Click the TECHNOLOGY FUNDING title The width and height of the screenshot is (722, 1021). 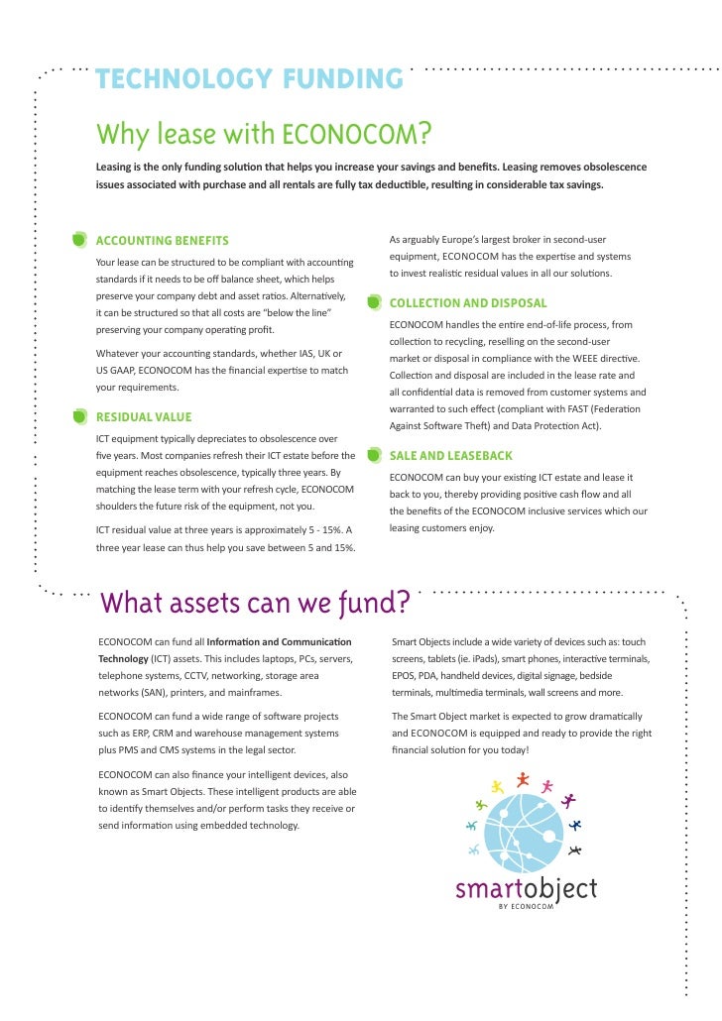pos(249,78)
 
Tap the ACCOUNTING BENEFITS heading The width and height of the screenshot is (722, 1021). pos(162,241)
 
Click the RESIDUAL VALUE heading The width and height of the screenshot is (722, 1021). pos(144,417)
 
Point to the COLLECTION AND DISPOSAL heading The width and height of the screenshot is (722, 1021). pos(468,303)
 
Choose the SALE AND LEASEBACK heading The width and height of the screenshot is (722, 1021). pos(451,456)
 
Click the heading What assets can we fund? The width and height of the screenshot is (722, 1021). pos(256,602)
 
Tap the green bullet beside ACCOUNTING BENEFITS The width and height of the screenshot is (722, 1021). pos(78,240)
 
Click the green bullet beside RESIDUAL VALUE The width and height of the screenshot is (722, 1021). pos(78,416)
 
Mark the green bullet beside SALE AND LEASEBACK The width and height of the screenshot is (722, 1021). pos(374,455)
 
